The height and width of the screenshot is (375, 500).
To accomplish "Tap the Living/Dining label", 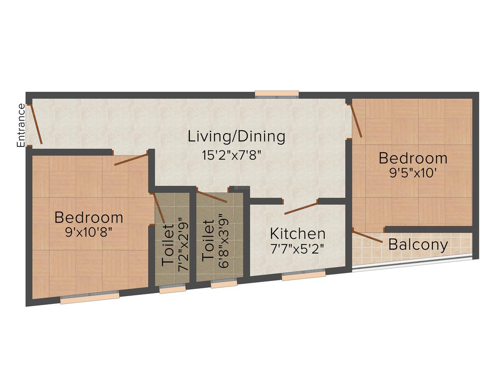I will point(236,137).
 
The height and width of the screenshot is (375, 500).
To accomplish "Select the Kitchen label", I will point(297,234).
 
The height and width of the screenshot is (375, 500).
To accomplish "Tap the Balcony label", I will point(418,245).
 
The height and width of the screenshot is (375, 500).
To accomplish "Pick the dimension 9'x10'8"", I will point(89,232).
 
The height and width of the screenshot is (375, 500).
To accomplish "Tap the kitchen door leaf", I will point(301,208).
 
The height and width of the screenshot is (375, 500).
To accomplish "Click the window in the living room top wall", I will point(277,94).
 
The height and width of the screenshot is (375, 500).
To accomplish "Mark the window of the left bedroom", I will point(90,298).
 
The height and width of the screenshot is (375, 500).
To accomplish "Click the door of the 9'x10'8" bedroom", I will point(131,159).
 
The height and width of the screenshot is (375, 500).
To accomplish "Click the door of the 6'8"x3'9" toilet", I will point(212,196).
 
